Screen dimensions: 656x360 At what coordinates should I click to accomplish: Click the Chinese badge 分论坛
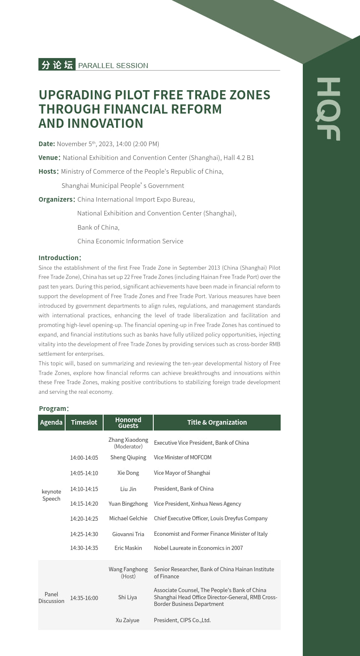57,65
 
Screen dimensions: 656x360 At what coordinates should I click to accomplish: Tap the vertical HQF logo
328,109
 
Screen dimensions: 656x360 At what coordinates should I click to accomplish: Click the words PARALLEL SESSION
113,66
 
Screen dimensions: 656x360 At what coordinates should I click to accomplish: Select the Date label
47,144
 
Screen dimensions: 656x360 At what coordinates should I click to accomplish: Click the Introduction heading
59,258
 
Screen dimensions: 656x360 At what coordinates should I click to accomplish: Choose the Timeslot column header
84,422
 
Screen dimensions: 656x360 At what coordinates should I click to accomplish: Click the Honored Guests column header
128,423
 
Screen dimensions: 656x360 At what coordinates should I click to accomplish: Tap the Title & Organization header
217,422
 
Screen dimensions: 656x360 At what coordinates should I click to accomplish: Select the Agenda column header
51,422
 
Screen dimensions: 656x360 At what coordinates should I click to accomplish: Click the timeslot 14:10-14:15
84,489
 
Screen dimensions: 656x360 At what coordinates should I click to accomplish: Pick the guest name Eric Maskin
128,548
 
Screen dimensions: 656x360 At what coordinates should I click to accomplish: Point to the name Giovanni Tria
128,534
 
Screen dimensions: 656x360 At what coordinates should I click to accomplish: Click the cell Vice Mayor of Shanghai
182,473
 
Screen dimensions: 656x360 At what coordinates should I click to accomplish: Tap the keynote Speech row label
51,495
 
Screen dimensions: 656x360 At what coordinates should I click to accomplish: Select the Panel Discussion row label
51,598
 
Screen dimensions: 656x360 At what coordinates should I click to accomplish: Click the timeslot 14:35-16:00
84,598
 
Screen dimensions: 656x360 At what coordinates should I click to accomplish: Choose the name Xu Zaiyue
127,620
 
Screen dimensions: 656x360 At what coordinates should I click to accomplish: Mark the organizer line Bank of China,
98,227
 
